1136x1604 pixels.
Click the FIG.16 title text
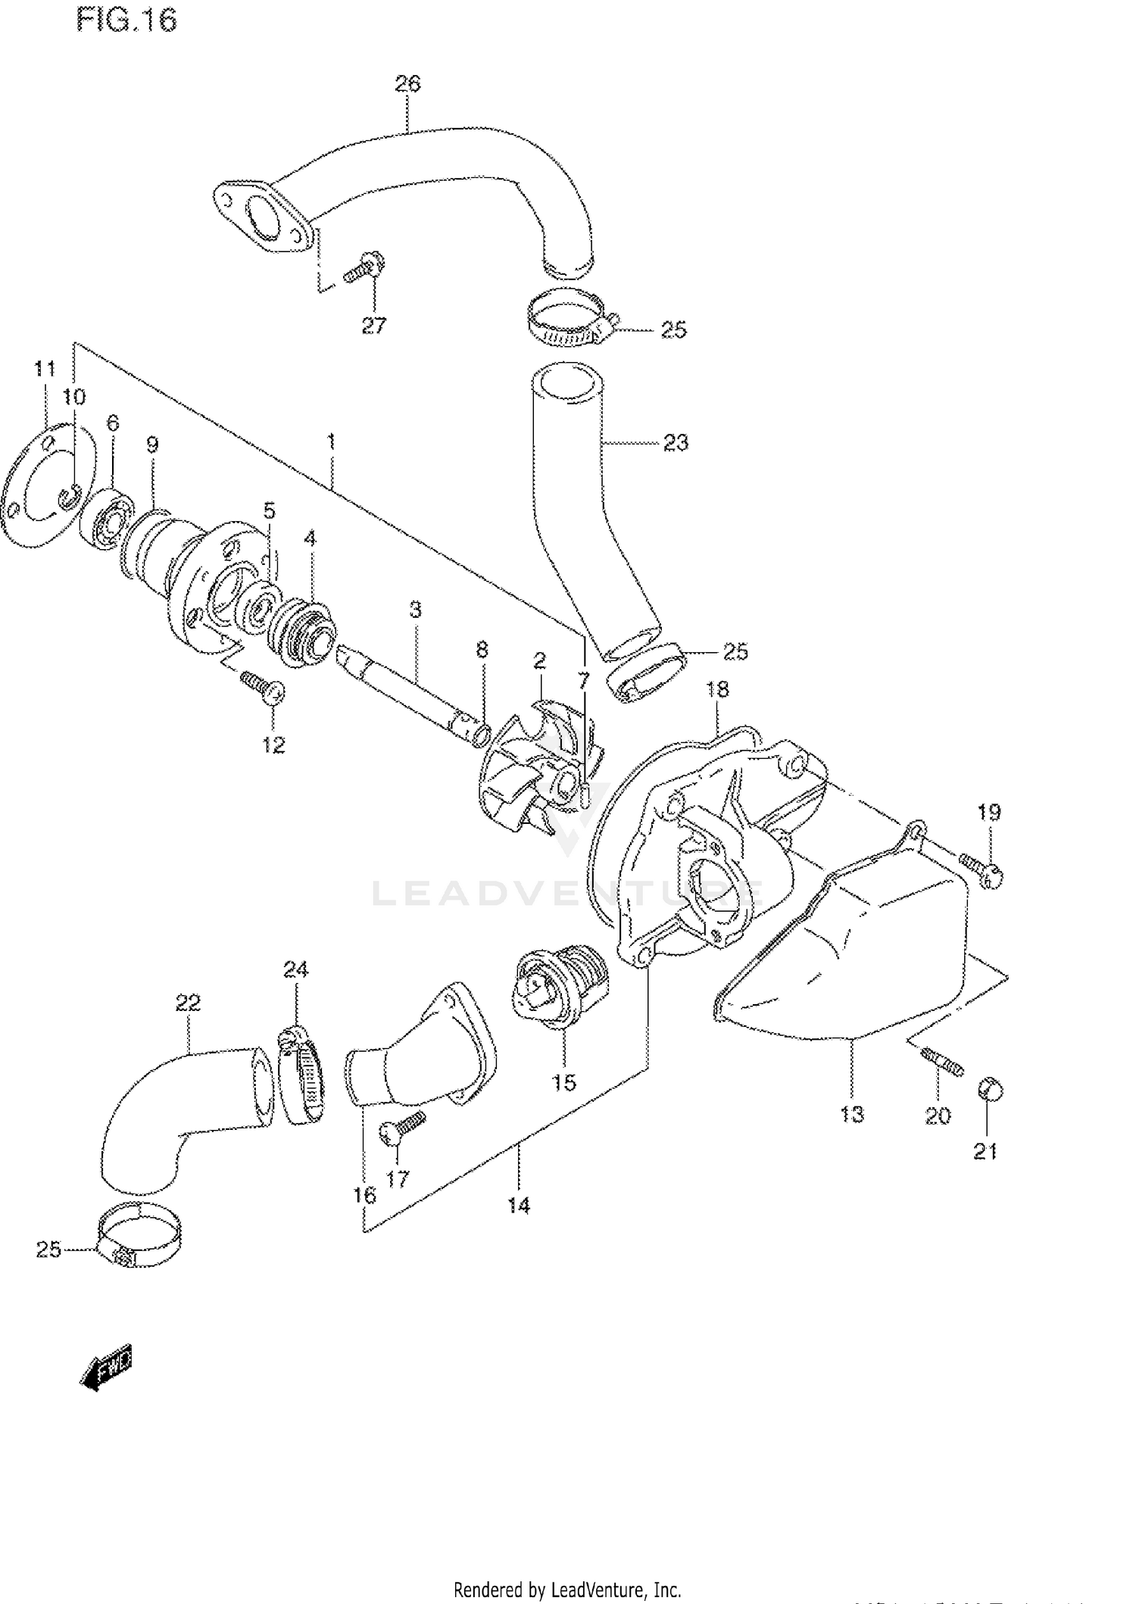pyautogui.click(x=126, y=21)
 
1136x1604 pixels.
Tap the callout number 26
pyautogui.click(x=407, y=83)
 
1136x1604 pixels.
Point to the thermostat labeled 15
pyautogui.click(x=559, y=985)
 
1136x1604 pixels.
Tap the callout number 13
pyautogui.click(x=851, y=1114)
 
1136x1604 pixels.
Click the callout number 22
pyautogui.click(x=188, y=1003)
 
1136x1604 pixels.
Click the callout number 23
pyautogui.click(x=676, y=443)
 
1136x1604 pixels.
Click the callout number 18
pyautogui.click(x=717, y=689)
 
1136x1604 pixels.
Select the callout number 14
pyautogui.click(x=519, y=1205)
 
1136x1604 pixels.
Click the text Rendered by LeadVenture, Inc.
pyautogui.click(x=567, y=1568)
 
